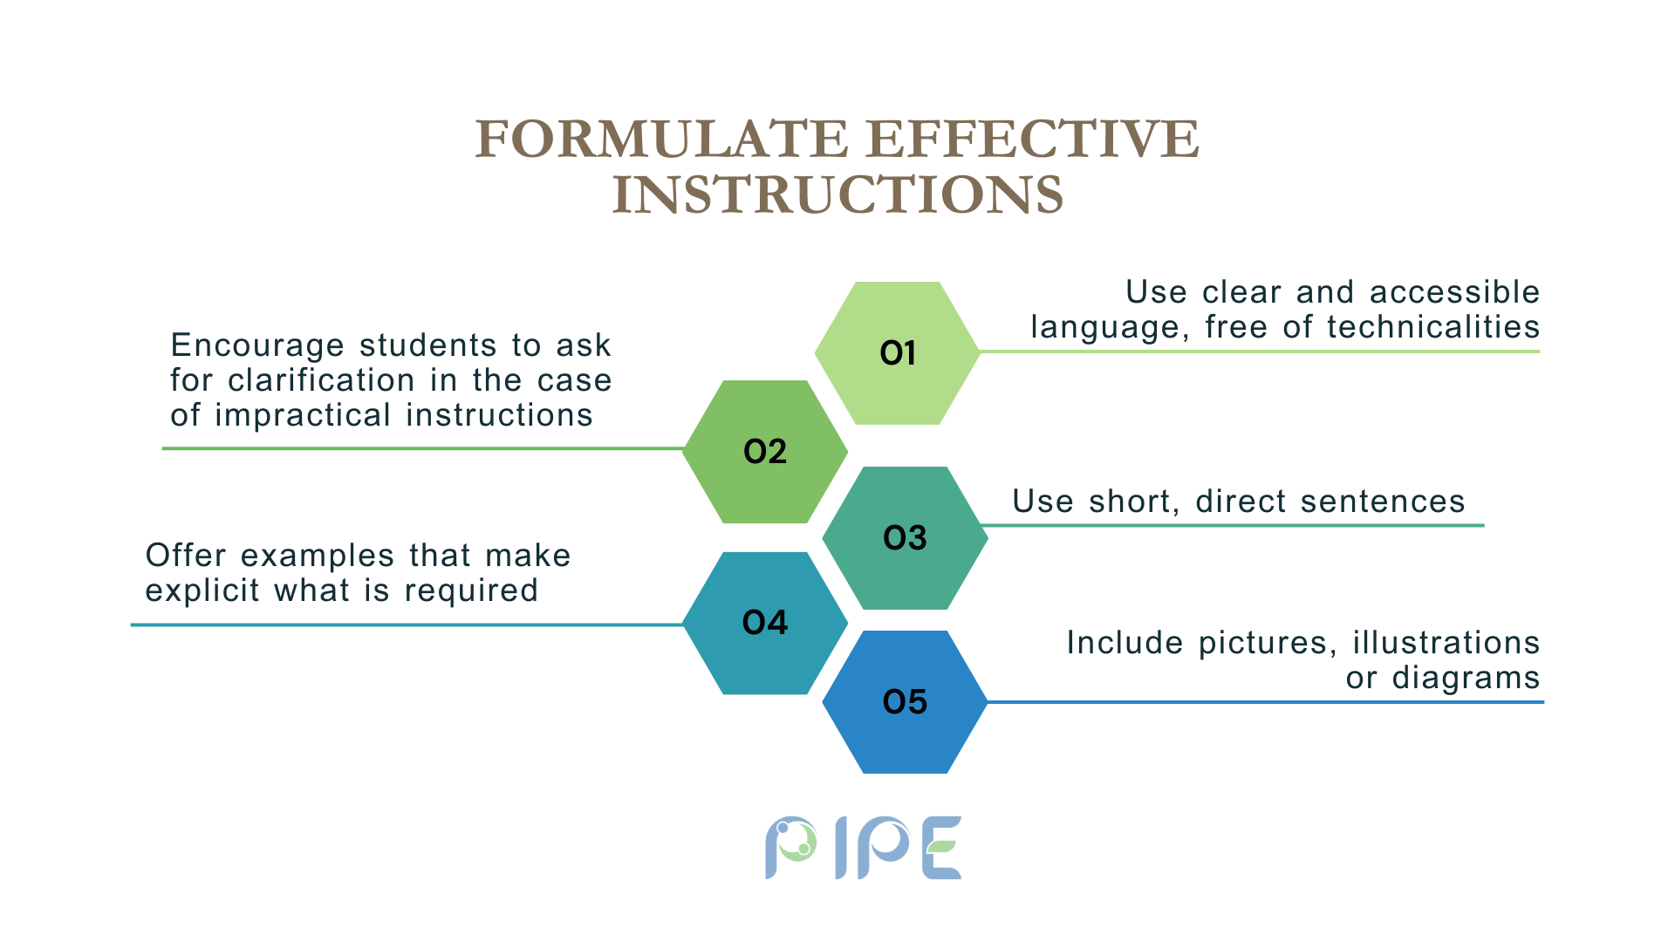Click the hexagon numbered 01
click(897, 353)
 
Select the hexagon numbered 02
click(765, 452)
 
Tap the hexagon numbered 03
click(905, 538)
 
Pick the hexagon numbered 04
click(765, 623)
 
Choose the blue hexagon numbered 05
click(905, 702)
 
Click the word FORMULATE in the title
click(661, 140)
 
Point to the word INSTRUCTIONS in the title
click(837, 195)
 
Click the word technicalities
click(1433, 327)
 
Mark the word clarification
click(321, 380)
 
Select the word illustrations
click(1446, 643)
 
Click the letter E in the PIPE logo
click(942, 848)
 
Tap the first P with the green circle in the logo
click(790, 847)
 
